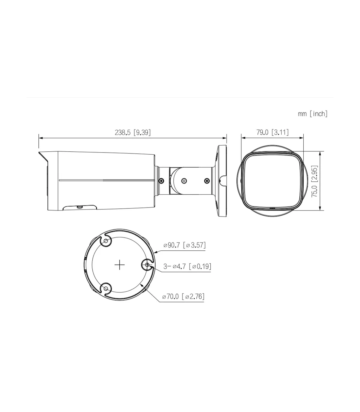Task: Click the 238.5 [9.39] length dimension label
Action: pyautogui.click(x=133, y=132)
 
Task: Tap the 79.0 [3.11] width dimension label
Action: pyautogui.click(x=272, y=132)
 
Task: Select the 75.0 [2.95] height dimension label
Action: pyautogui.click(x=314, y=181)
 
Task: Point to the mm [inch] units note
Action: pyautogui.click(x=313, y=114)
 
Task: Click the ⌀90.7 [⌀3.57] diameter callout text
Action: pyautogui.click(x=184, y=245)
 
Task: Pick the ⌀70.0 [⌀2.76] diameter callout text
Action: pyautogui.click(x=183, y=296)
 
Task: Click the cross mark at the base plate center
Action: pyautogui.click(x=120, y=265)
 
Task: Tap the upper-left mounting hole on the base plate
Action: pyautogui.click(x=106, y=241)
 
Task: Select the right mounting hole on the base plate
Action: pyautogui.click(x=147, y=265)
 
